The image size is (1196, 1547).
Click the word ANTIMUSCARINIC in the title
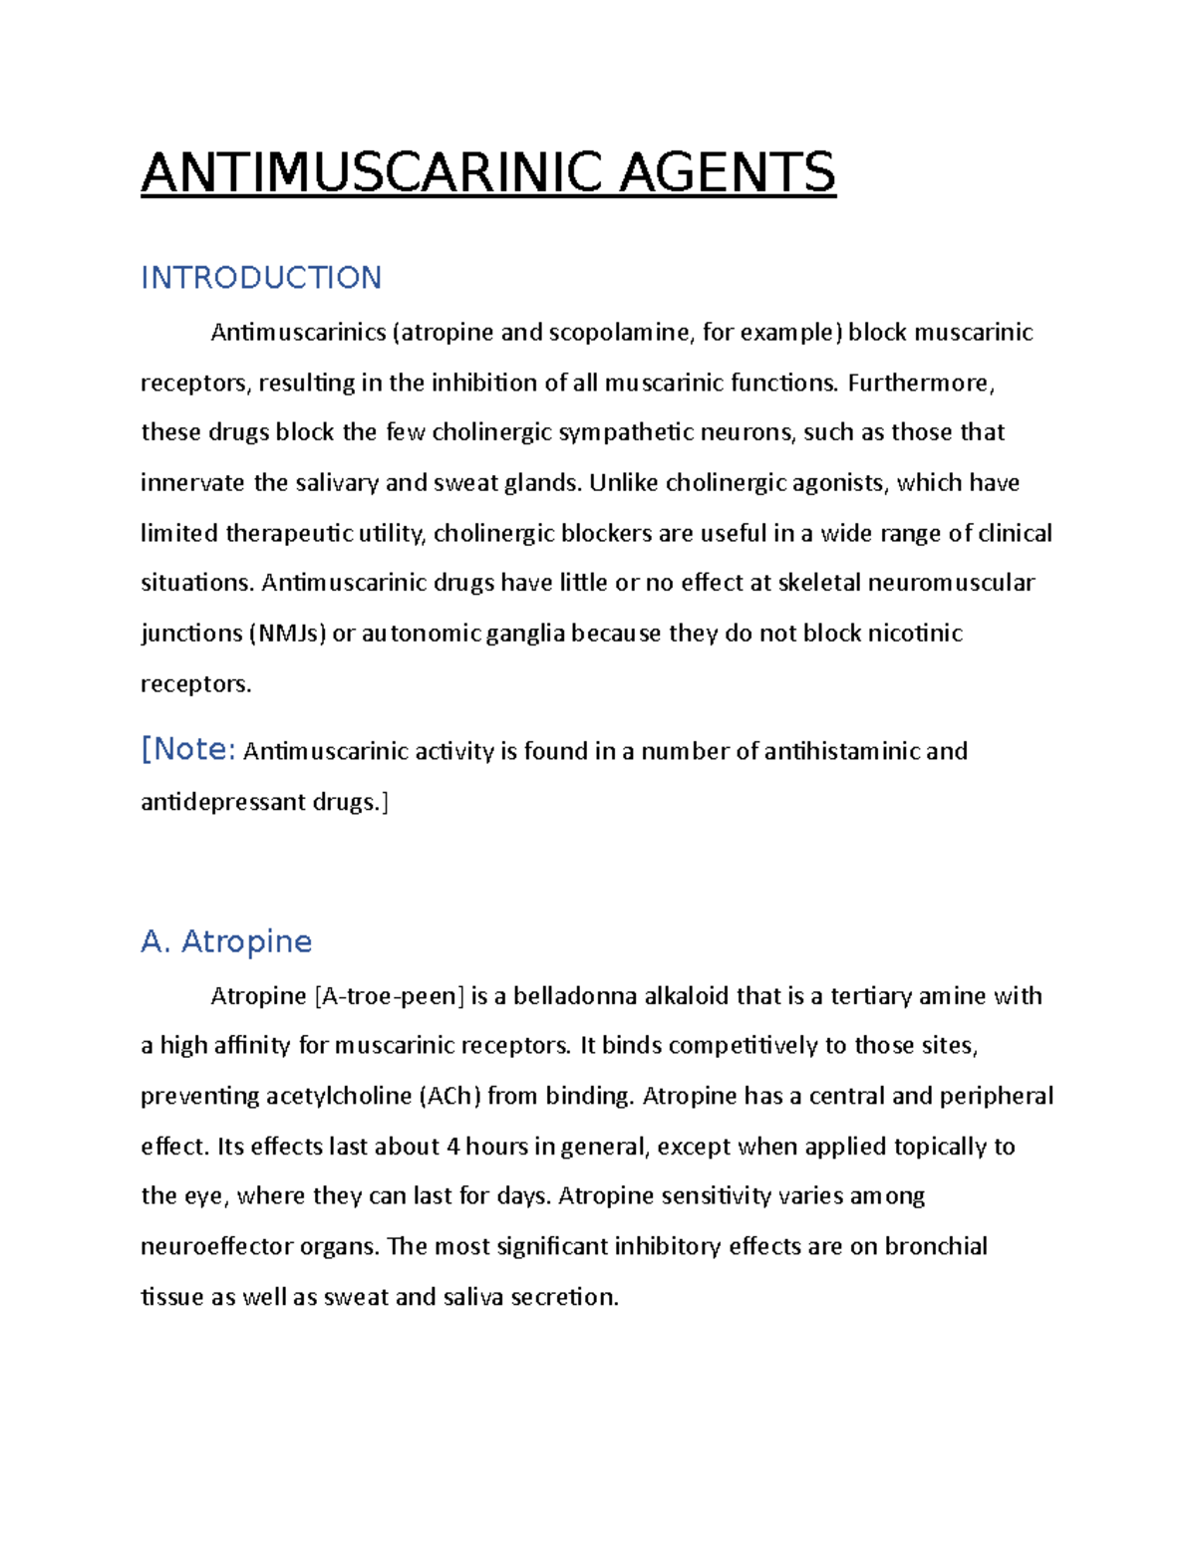point(372,172)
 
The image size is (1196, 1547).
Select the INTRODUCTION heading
point(261,277)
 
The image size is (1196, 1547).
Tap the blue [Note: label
point(188,749)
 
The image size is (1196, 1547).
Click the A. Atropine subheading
point(226,941)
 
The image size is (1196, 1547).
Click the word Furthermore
point(920,383)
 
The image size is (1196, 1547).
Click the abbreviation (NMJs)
point(287,634)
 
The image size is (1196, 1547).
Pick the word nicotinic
point(914,634)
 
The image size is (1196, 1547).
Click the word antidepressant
point(223,802)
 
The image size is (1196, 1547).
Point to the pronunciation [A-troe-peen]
point(389,996)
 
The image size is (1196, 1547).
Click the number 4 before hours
point(453,1147)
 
